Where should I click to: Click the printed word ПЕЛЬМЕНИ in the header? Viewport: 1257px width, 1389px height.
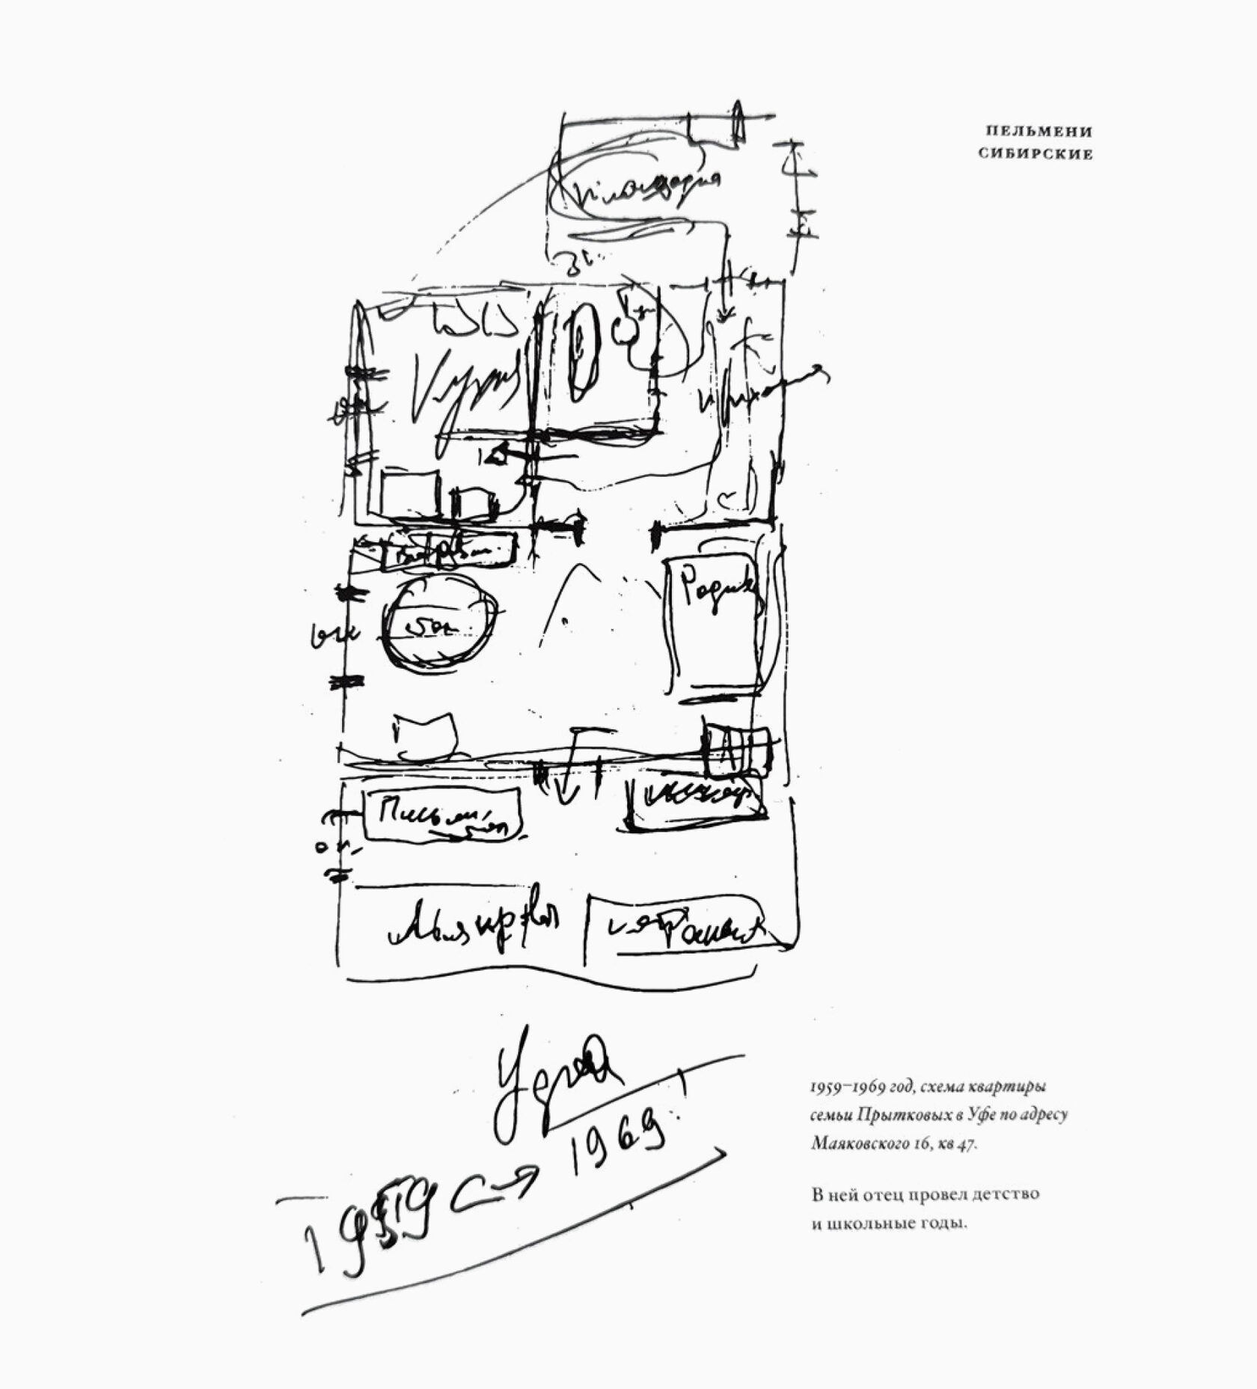1039,132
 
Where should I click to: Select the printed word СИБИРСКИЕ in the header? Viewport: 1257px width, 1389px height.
1036,154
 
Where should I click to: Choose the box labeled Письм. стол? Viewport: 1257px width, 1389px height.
441,816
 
